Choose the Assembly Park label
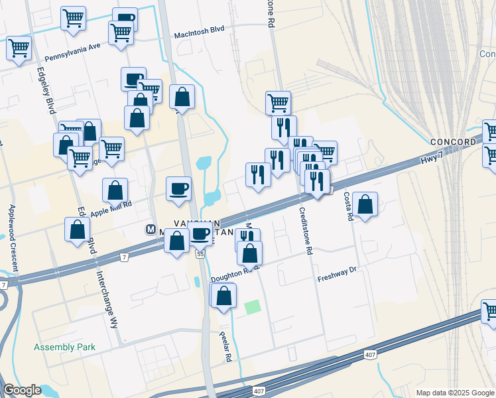[x=64, y=347]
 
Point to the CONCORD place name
[x=453, y=143]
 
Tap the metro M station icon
[x=151, y=229]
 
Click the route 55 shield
[x=200, y=253]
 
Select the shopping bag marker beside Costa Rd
[x=365, y=205]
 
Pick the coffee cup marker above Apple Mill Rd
[x=178, y=188]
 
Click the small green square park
[x=252, y=307]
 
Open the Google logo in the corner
[x=21, y=390]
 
